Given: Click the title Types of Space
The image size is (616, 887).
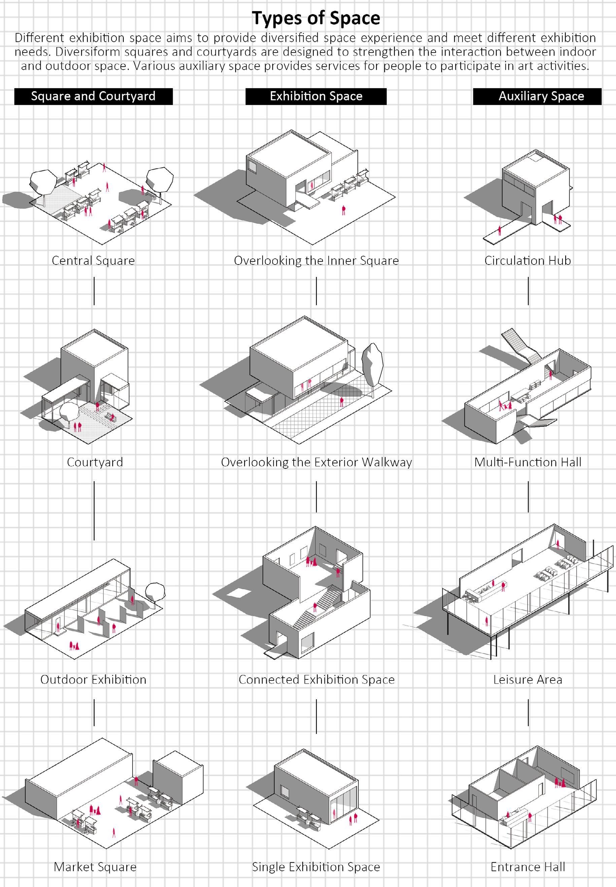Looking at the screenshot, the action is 316,18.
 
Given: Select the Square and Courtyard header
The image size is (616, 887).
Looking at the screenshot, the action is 93,96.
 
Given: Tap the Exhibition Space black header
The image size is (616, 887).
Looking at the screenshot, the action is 316,96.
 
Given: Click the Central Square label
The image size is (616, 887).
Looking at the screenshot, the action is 93,260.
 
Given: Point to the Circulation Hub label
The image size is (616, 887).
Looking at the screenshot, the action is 527,260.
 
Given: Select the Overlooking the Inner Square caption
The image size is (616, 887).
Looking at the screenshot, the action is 316,260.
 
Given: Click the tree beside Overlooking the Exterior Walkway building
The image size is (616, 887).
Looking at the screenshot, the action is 372,362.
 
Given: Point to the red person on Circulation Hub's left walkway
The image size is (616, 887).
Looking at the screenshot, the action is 500,230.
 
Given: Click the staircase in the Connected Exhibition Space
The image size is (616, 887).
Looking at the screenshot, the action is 318,605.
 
